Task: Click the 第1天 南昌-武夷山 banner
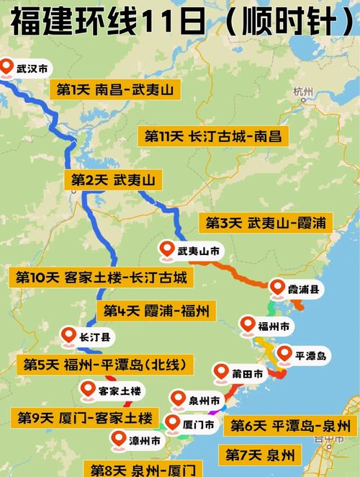(x=114, y=90)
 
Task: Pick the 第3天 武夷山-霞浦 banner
(x=265, y=223)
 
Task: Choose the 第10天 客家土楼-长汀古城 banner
(x=101, y=277)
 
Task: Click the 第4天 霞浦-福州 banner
(x=156, y=311)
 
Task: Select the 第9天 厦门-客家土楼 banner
(x=84, y=417)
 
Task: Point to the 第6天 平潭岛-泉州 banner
(x=290, y=425)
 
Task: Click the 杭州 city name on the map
(x=303, y=92)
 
